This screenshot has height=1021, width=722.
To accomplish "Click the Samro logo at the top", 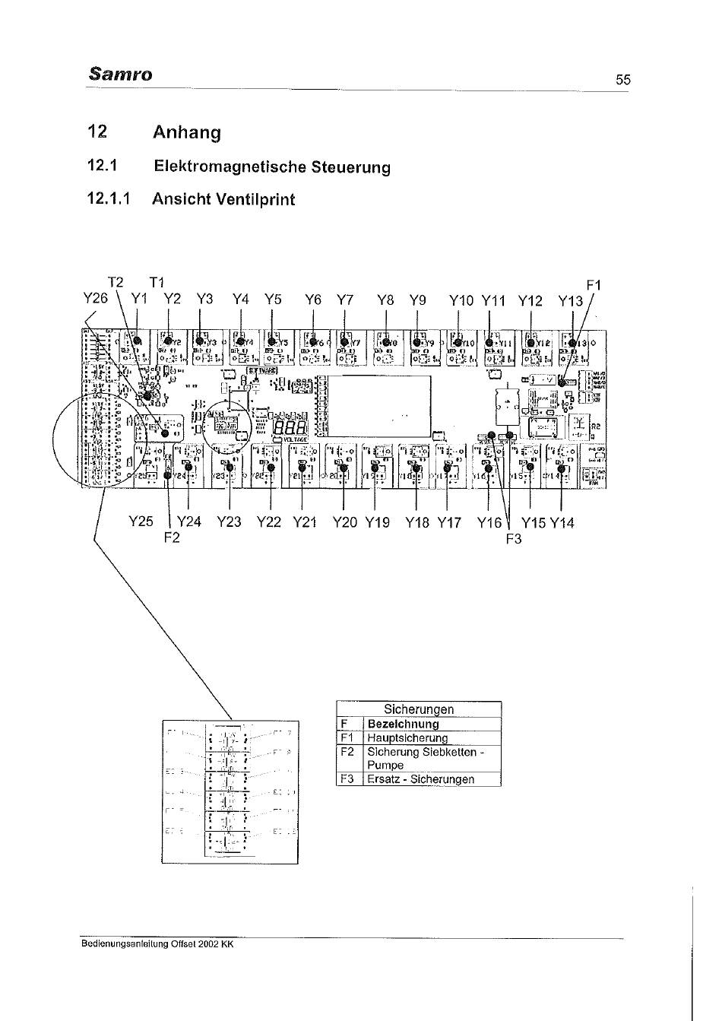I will pos(120,74).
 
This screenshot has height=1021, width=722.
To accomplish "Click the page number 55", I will pos(623,80).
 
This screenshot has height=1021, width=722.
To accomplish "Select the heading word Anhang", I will pos(187,132).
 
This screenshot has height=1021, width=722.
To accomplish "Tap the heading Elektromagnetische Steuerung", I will pos(272,166).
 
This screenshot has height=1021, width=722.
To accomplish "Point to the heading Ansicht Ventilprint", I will pos(223,199).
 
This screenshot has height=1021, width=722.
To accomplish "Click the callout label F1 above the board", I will pos(594,286).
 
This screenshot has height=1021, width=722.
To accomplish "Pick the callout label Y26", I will pos(96,299).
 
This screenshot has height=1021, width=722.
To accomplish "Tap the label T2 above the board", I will pos(115,283).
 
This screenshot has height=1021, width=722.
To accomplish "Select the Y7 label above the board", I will pos(345,300).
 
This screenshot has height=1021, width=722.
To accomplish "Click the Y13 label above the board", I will pos(571,300).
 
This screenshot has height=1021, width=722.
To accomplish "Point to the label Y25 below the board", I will pos(141,522).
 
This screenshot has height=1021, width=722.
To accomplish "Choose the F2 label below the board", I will pos(173,538).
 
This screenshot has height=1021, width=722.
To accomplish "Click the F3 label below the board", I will pos(515,539).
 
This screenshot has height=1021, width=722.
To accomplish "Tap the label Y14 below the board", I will pos(562,522).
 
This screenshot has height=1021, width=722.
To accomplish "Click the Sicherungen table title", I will pos(419,709).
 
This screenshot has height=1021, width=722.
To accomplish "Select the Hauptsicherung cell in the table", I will pos(407,737).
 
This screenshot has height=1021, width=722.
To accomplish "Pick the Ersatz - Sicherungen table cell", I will pos(420,779).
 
